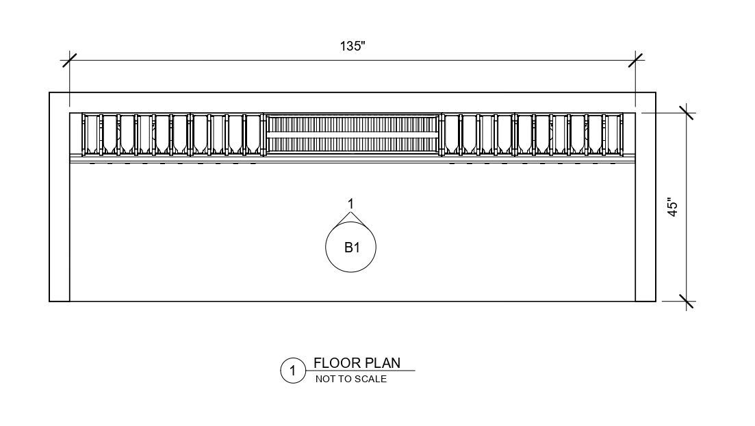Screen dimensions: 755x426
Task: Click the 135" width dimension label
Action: [x=353, y=46]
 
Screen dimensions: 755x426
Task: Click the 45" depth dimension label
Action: [x=673, y=207]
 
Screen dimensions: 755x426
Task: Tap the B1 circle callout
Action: [x=350, y=247]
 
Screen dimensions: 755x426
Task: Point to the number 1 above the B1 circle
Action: [x=351, y=204]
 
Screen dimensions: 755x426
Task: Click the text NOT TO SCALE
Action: [x=351, y=379]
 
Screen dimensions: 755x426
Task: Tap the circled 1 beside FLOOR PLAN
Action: [x=293, y=371]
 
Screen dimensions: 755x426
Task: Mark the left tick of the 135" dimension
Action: [x=69, y=60]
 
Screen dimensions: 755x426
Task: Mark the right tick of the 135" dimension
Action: [x=636, y=60]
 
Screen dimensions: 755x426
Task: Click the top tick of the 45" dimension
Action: [x=687, y=113]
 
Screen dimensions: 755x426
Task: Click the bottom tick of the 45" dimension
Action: [x=687, y=302]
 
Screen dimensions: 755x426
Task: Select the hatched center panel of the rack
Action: [x=353, y=134]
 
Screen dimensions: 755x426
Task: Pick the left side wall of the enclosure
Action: [x=60, y=197]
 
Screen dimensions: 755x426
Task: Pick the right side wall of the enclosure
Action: [x=645, y=197]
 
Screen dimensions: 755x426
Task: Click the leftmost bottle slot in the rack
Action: [x=92, y=134]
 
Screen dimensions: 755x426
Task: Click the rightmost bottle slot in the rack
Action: [x=613, y=134]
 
